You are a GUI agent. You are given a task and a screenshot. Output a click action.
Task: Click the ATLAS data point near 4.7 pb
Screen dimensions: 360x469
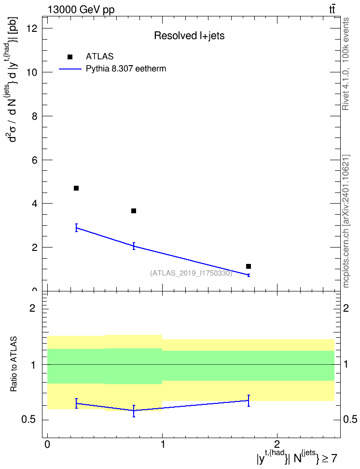76,188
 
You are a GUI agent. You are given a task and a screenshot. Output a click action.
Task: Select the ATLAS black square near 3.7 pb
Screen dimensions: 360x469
134,211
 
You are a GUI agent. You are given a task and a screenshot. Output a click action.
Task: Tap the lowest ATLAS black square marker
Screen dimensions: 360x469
249,266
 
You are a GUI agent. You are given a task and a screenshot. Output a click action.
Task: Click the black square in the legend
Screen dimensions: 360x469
70,57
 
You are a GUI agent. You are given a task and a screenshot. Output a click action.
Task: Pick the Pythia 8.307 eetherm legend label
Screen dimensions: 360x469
126,69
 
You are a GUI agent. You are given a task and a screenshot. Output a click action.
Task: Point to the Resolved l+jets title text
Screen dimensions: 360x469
189,36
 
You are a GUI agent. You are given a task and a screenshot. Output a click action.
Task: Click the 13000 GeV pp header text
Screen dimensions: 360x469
81,10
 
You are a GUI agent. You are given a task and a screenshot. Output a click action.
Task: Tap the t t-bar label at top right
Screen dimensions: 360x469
332,10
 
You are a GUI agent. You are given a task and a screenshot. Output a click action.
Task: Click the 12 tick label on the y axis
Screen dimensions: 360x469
31,28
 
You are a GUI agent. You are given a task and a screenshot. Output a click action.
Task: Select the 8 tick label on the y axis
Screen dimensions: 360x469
35,116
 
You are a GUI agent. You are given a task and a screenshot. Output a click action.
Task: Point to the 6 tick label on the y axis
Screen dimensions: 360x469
35,160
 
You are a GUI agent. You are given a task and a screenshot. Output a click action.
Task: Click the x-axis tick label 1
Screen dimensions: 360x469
163,444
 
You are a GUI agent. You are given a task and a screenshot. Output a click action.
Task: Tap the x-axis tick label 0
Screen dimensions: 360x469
47,444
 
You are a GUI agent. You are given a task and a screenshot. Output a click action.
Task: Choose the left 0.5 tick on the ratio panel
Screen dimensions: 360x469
29,420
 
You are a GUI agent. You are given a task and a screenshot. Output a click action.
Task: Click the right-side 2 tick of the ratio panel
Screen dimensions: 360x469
346,308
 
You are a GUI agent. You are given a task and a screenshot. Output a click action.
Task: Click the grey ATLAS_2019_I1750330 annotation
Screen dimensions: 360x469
191,273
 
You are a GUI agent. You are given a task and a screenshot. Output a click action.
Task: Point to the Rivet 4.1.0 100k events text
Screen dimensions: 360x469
346,64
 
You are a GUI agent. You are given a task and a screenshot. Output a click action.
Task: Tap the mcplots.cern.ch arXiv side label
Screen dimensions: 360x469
346,221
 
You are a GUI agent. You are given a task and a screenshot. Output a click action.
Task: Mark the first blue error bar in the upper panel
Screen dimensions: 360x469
76,228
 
